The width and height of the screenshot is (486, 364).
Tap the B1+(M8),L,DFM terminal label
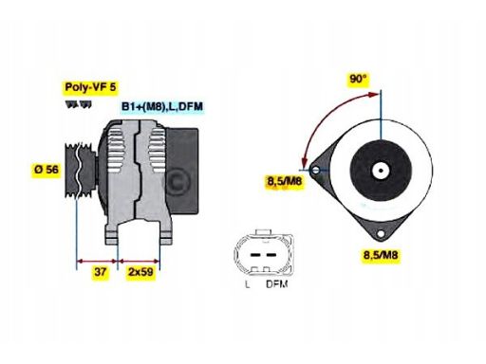point(162,106)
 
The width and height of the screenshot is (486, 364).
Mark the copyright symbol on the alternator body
point(175,179)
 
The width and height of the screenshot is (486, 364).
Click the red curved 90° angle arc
point(317,114)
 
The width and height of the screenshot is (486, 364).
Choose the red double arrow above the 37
point(95,259)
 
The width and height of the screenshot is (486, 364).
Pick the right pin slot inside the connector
point(270,253)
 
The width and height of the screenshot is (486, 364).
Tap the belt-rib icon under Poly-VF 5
point(76,101)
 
